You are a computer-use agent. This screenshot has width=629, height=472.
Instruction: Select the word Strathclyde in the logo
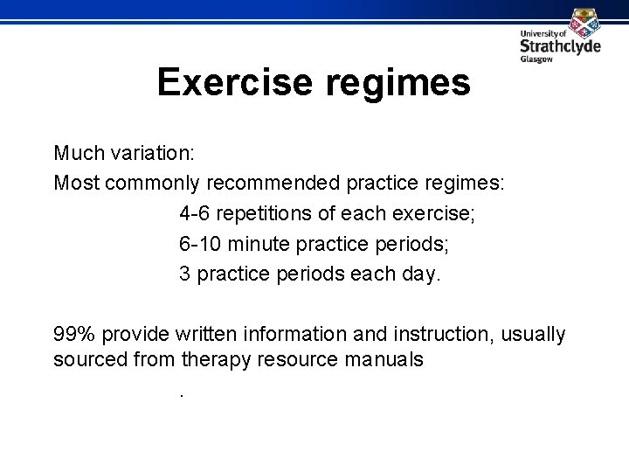coord(560,47)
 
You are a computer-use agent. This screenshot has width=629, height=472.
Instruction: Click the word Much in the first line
coord(76,154)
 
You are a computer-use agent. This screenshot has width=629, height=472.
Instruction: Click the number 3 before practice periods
coord(184,274)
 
